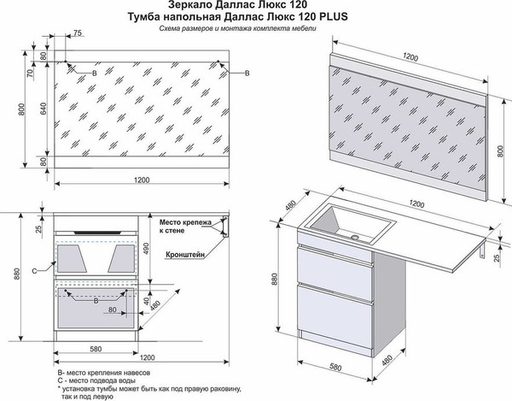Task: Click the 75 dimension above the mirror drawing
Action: point(78,33)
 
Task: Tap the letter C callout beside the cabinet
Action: point(33,271)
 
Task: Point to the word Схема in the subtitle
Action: point(176,30)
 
